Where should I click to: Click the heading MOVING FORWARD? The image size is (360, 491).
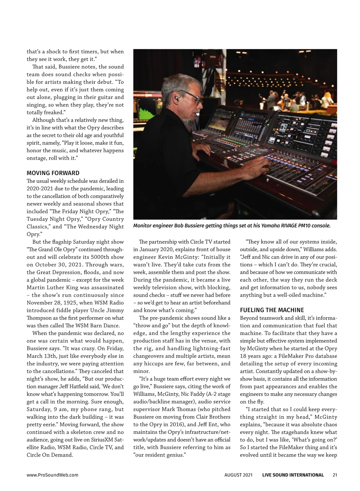pyautogui.click(x=53, y=173)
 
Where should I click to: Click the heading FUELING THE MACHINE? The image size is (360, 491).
pyautogui.click(x=272, y=310)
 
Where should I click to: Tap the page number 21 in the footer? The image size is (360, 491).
pyautogui.click(x=335, y=475)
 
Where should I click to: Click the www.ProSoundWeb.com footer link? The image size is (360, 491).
pyautogui.click(x=52, y=475)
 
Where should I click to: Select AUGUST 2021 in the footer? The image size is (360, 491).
pyautogui.click(x=238, y=475)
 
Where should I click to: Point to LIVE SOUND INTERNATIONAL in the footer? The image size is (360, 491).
pyautogui.click(x=293, y=475)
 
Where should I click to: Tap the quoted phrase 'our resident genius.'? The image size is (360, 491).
pyautogui.click(x=160, y=455)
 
